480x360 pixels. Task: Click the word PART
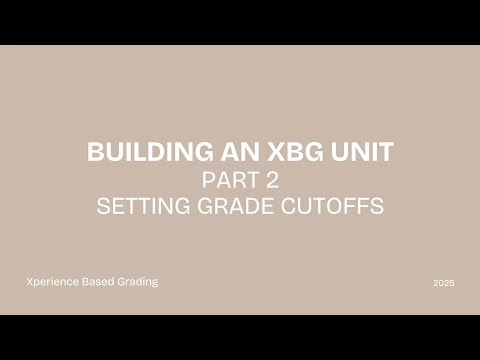tap(225, 181)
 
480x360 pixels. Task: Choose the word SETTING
tap(140, 208)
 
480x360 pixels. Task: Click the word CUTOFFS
tap(329, 208)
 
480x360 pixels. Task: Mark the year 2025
tap(444, 284)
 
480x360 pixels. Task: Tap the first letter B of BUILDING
tap(95, 153)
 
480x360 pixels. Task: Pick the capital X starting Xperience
tap(29, 282)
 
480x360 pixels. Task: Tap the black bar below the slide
tap(240, 337)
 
